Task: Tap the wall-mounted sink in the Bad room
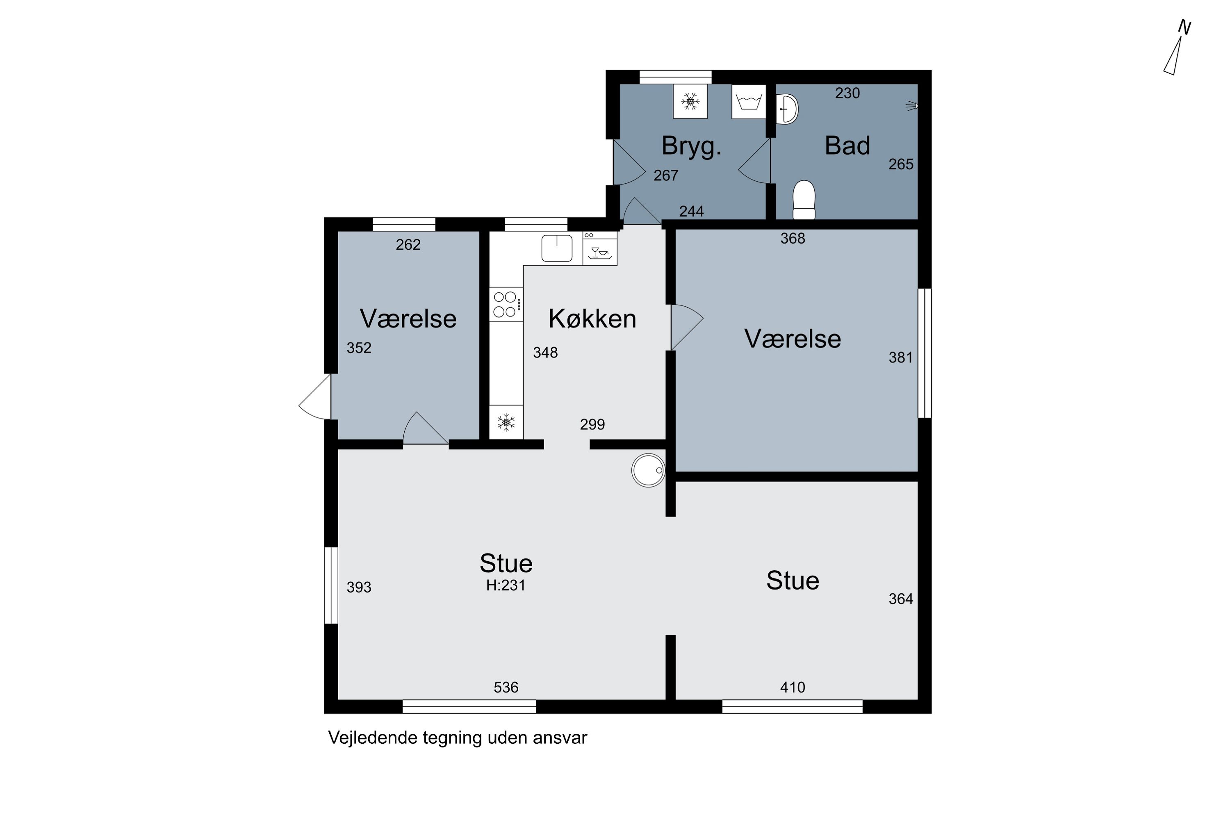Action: (x=787, y=109)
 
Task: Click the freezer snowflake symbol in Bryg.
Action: (x=690, y=101)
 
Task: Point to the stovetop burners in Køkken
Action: (x=506, y=304)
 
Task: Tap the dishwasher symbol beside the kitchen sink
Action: (x=600, y=249)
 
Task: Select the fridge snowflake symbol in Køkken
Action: (x=506, y=422)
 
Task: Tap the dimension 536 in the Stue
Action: (x=506, y=687)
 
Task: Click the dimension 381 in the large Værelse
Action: (x=900, y=358)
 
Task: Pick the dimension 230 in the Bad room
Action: (x=847, y=93)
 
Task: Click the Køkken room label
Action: (x=592, y=319)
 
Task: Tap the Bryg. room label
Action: (x=691, y=146)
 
